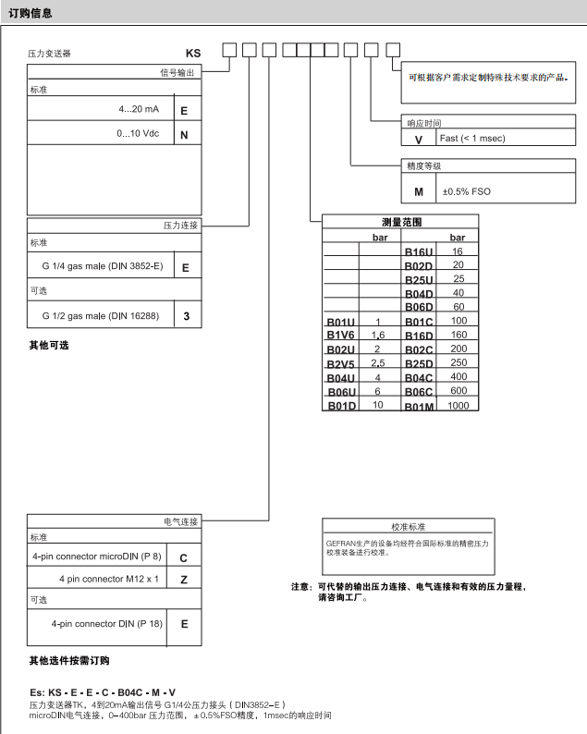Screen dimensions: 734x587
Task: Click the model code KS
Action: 193,54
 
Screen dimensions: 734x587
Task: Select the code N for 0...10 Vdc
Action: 184,135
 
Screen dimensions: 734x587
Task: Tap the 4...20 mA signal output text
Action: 139,109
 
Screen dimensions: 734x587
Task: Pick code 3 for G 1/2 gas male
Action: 185,316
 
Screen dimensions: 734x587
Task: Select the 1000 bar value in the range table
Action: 458,406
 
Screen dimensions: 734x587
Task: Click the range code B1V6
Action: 340,335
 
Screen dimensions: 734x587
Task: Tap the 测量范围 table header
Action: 400,222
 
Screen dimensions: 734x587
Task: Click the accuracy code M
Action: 418,192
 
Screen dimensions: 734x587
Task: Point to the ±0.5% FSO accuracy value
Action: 466,192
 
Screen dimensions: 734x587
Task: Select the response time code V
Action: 418,139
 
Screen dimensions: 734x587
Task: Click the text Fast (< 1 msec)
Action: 471,139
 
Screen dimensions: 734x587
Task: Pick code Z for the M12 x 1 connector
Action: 184,579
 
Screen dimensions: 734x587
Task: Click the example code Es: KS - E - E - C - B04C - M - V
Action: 103,693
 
